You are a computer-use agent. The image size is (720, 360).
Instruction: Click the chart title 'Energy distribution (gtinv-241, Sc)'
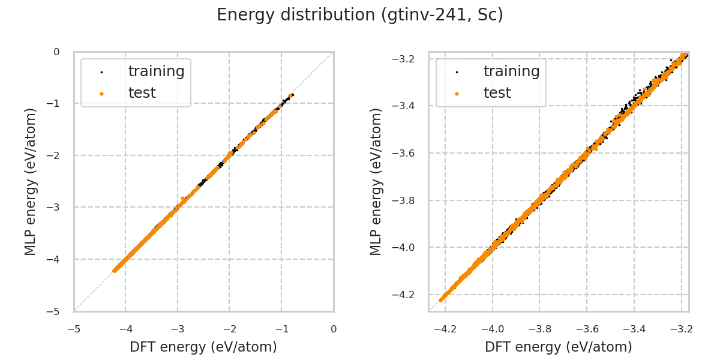click(x=360, y=15)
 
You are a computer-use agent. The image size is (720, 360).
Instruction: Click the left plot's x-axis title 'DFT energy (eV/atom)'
click(x=203, y=347)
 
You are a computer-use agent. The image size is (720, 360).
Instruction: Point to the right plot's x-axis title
click(x=559, y=347)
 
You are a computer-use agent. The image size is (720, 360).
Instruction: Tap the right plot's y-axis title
click(x=376, y=181)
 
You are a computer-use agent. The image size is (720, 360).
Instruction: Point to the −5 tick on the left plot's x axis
click(x=74, y=329)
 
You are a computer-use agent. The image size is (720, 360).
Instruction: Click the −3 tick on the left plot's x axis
click(x=178, y=329)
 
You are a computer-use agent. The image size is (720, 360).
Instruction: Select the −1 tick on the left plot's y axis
click(x=56, y=104)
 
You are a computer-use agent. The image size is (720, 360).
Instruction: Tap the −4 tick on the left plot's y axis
click(x=56, y=259)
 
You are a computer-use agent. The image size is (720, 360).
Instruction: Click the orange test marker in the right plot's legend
click(x=457, y=94)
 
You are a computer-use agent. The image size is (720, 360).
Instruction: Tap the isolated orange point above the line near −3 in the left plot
click(x=182, y=199)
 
